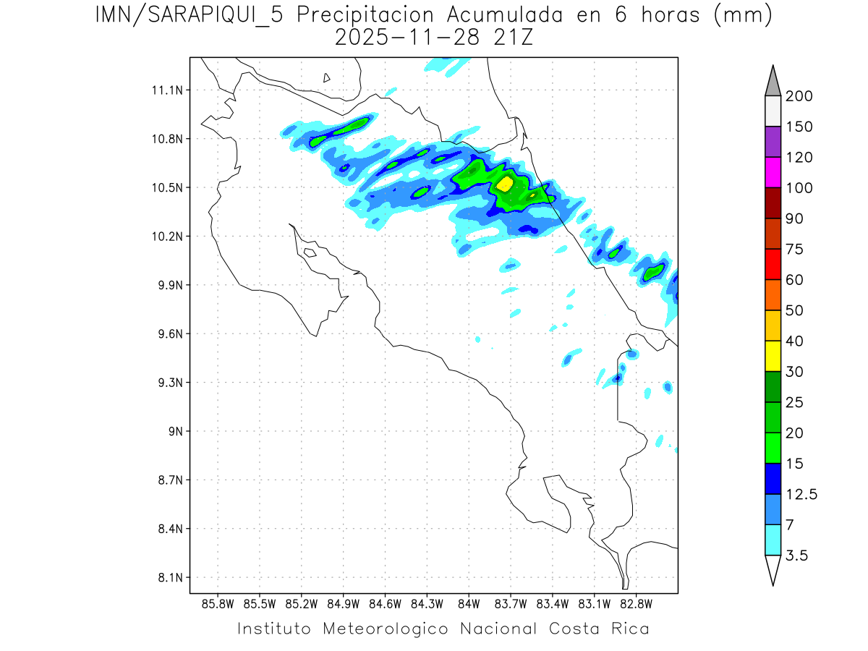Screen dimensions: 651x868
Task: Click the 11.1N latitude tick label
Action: click(166, 90)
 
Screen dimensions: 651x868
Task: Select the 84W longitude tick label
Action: click(469, 604)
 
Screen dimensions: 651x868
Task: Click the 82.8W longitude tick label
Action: click(636, 604)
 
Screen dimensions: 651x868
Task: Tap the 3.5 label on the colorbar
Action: click(796, 556)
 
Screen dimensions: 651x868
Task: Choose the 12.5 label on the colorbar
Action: click(801, 494)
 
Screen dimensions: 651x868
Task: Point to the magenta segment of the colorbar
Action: click(773, 172)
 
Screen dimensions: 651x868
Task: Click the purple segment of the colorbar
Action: click(773, 142)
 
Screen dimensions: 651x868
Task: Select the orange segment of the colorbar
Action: click(773, 294)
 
